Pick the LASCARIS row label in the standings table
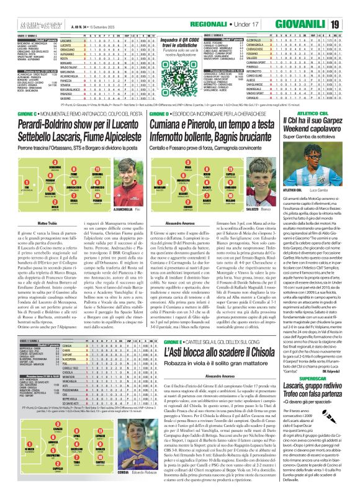point(69,38)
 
